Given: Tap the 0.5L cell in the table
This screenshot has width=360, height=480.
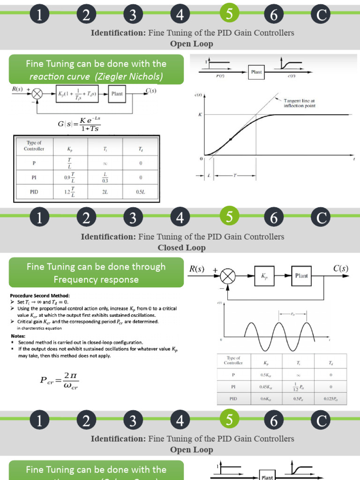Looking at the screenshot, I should tap(141, 192).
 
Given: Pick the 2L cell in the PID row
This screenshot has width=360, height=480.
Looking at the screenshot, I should tap(105, 192).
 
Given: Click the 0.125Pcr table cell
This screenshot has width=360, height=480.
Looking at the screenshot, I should tap(331, 399).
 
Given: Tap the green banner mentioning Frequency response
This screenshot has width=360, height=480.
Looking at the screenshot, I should tap(96, 273).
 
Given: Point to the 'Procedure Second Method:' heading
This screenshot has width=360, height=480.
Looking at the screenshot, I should tap(39, 296).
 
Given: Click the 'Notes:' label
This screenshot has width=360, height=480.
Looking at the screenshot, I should tap(20, 336).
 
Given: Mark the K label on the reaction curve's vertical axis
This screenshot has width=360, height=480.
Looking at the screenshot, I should tap(200, 114).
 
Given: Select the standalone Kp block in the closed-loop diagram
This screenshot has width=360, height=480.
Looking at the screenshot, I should tap(264, 276).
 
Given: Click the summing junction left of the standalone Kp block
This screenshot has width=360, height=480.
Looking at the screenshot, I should tap(228, 276).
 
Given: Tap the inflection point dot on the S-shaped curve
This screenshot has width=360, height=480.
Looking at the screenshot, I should tap(231, 139).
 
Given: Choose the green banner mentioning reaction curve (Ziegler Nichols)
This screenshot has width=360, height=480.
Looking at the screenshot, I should tap(96, 70).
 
